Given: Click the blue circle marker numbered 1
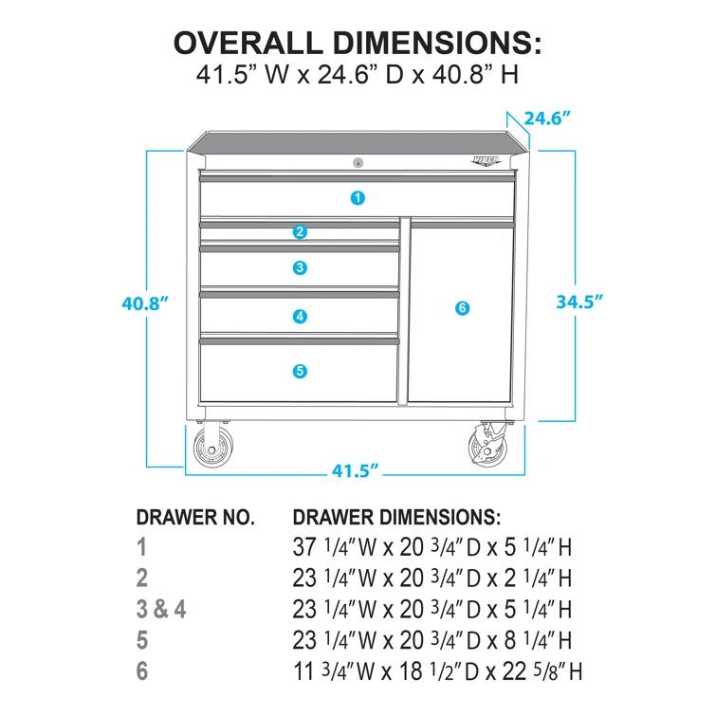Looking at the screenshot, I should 357,198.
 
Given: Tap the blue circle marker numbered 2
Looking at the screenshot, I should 300,231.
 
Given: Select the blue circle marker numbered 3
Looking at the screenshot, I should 300,268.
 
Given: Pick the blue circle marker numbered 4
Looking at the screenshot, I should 300,317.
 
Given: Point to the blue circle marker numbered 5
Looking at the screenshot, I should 300,371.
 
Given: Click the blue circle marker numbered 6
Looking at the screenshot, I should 462,307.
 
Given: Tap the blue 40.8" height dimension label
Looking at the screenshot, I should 145,303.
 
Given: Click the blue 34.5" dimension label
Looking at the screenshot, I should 579,302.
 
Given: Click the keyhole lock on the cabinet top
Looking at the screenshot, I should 358,162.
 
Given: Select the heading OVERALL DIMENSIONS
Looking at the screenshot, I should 358,43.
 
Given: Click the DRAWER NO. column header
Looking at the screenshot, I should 195,518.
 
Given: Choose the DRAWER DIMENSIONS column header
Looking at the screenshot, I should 396,518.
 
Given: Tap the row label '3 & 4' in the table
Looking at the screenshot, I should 160,608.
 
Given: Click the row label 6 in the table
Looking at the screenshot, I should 142,670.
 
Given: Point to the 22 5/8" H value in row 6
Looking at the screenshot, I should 538,670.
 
